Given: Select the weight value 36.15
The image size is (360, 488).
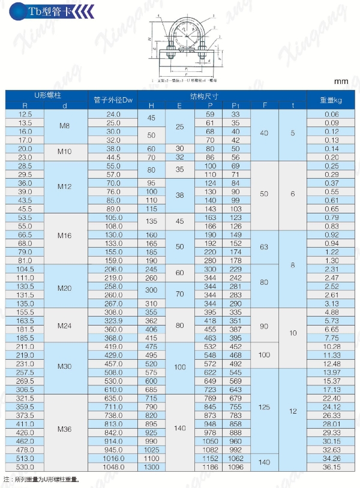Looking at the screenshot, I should [332, 467].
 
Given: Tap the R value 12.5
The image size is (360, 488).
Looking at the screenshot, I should [25, 114].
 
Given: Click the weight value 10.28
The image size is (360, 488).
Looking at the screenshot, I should [332, 347].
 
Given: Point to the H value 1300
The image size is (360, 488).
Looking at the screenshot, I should [151, 467].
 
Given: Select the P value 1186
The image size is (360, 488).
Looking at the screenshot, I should [210, 467].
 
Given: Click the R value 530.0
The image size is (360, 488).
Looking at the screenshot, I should [25, 467].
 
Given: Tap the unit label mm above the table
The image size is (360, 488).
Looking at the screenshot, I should [341, 82].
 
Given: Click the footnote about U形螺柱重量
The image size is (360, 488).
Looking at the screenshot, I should [42, 480].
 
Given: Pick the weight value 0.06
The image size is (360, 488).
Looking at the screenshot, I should [332, 114].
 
